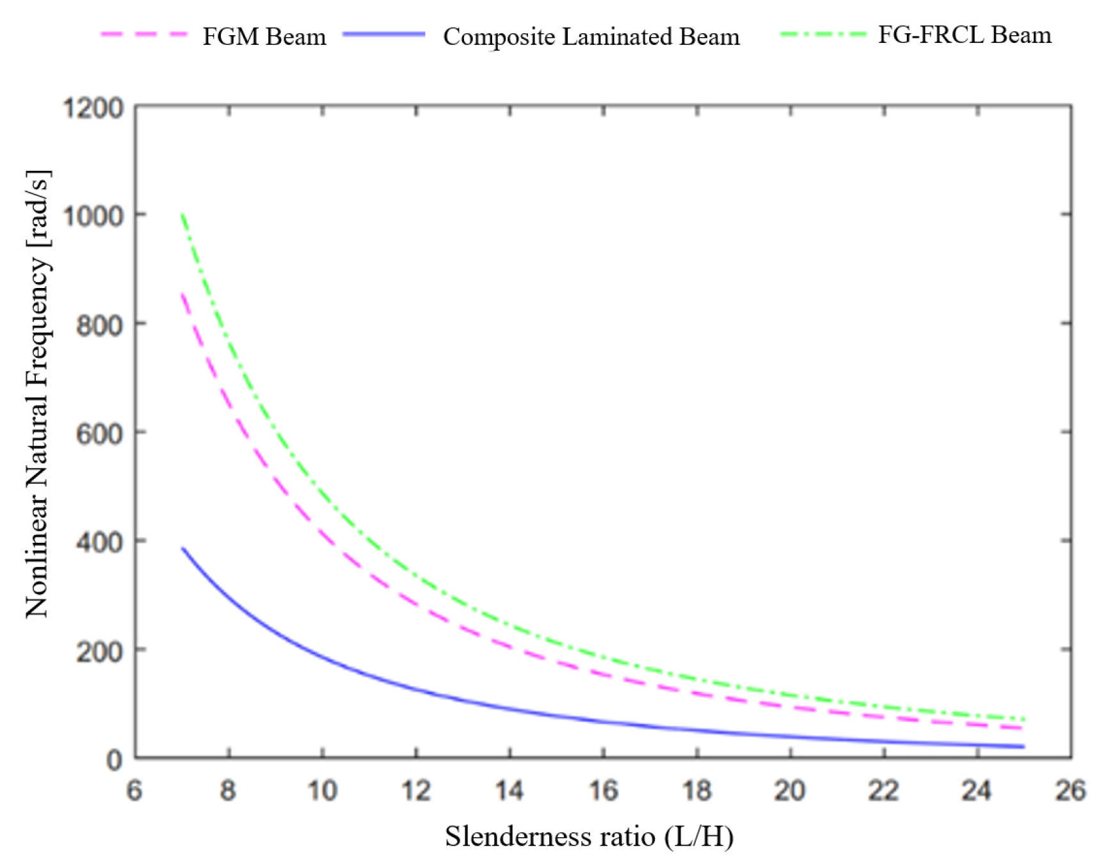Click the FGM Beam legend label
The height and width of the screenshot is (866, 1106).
coord(264,36)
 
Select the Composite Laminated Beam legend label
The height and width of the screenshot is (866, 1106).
coord(591,36)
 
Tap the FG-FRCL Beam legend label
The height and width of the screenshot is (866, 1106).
coord(964,35)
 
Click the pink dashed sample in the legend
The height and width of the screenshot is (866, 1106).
coord(144,34)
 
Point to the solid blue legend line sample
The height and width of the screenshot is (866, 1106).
coord(384,34)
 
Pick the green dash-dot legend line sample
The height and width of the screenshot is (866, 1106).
coord(822,34)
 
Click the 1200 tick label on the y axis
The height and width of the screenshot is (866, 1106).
coord(93,108)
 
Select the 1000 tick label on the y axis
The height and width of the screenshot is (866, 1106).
coord(93,216)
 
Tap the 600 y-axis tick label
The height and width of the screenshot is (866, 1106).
coord(99,434)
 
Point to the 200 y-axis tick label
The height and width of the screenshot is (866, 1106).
coord(99,652)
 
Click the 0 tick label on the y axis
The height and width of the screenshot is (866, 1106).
coord(114,760)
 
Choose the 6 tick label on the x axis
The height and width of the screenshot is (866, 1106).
coord(134,790)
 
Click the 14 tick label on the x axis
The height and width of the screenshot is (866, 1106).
coord(509,790)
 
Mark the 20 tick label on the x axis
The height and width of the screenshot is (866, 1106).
coord(790,790)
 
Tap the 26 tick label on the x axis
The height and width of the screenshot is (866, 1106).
coord(1070,790)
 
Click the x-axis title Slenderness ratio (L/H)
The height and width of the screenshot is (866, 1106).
coord(589,836)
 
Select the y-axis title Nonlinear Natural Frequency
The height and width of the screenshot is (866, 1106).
coord(37,394)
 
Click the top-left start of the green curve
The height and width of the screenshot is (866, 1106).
coord(182,214)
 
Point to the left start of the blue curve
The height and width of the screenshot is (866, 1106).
coord(182,548)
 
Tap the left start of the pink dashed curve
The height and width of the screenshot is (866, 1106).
coord(182,294)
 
